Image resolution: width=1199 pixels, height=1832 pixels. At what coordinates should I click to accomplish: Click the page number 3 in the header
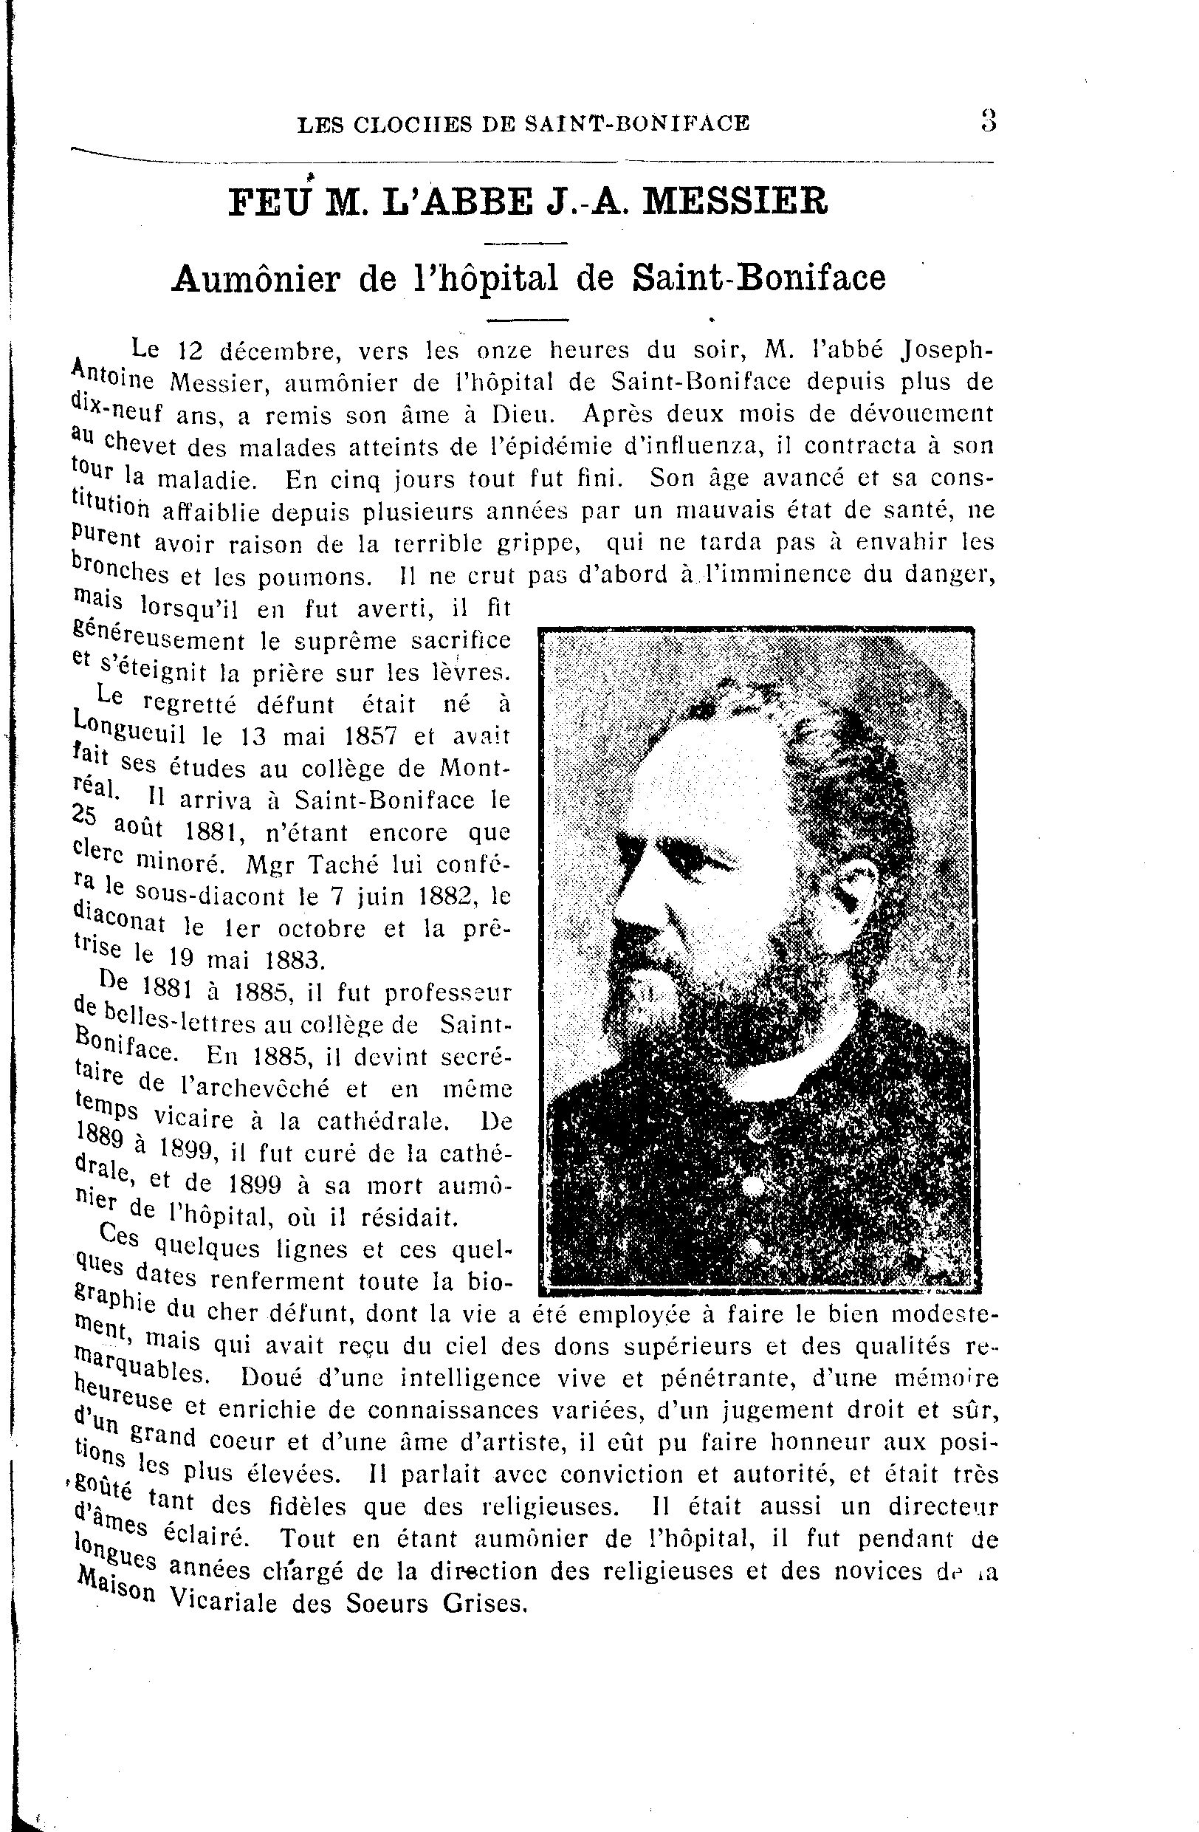(988, 122)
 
